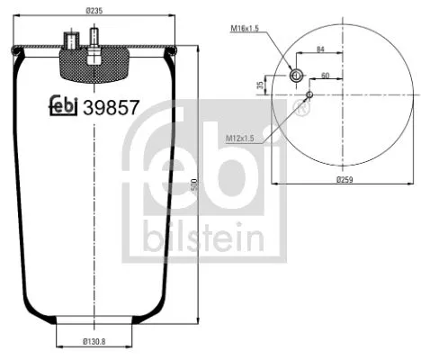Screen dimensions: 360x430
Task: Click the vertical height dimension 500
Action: click(x=193, y=184)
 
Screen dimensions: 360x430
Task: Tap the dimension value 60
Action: click(x=325, y=76)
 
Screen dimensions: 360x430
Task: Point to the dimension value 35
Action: click(x=261, y=85)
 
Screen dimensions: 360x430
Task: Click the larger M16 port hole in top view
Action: click(x=296, y=76)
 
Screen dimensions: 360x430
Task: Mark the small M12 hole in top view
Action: click(x=309, y=93)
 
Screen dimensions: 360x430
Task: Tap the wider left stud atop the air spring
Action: click(x=71, y=40)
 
